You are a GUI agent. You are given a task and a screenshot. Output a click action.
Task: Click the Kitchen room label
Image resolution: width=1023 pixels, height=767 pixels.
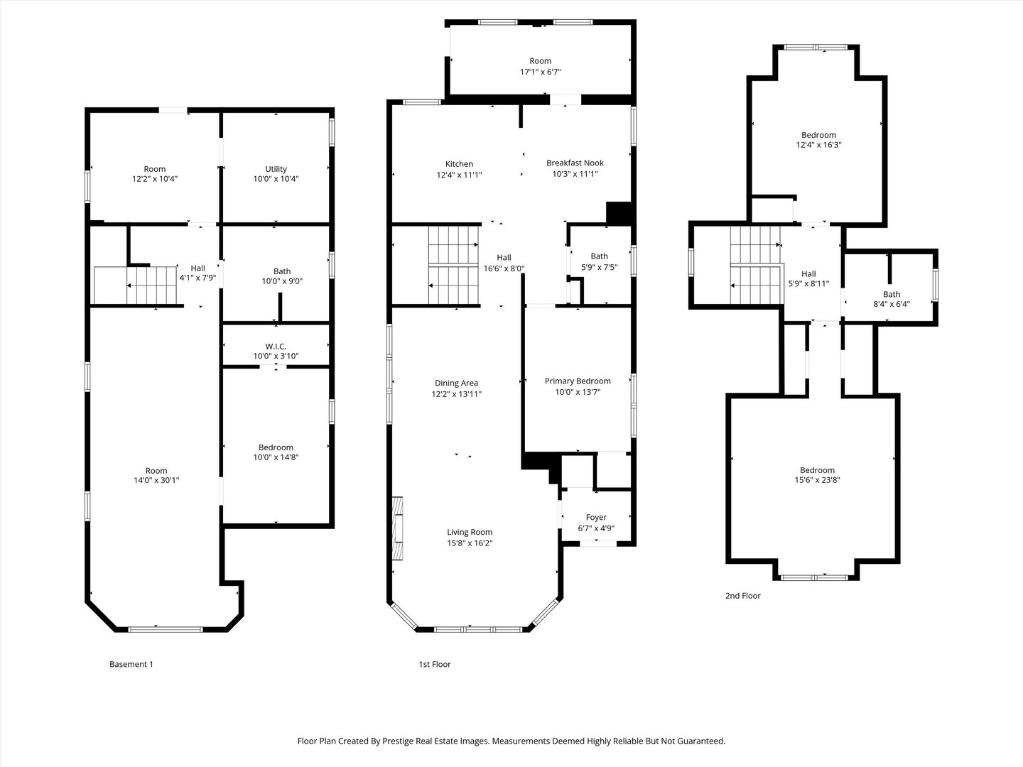click(x=459, y=164)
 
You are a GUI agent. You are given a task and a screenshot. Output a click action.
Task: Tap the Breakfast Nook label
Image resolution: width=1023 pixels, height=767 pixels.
click(x=575, y=163)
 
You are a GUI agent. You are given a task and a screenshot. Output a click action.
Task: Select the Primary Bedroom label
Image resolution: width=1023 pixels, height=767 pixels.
click(x=577, y=381)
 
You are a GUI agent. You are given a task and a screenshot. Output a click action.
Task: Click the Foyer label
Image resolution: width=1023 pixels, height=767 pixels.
click(x=596, y=517)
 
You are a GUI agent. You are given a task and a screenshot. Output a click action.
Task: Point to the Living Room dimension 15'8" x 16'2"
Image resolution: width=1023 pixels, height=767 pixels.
click(x=470, y=543)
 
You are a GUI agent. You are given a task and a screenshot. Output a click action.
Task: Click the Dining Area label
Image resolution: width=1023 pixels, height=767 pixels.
click(x=456, y=383)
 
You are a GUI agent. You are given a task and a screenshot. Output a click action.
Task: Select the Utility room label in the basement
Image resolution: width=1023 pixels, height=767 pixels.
click(x=276, y=169)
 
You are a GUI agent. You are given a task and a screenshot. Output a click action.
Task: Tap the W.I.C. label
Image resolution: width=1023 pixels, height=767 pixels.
click(x=276, y=346)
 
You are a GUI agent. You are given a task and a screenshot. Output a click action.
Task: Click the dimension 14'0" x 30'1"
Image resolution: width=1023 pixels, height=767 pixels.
click(x=156, y=481)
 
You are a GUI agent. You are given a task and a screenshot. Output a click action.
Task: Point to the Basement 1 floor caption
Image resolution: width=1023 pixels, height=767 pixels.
click(x=131, y=665)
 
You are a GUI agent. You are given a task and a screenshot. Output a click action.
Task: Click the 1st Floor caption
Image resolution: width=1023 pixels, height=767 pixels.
click(x=434, y=665)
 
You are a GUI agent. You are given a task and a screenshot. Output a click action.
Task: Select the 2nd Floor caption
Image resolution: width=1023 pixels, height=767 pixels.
click(x=742, y=596)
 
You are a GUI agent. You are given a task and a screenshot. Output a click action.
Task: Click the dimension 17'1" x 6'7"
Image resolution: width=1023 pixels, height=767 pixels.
click(x=540, y=72)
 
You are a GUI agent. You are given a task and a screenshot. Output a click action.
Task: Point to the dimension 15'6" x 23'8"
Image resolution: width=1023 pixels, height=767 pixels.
click(x=817, y=481)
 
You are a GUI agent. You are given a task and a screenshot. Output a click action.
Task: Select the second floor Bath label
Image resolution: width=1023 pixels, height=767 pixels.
click(x=892, y=294)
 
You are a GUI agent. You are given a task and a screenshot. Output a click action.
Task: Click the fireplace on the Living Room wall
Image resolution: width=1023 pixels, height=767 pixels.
click(x=398, y=527)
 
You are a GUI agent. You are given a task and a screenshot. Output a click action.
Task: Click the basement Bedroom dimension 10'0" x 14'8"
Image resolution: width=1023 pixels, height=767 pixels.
click(x=276, y=458)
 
